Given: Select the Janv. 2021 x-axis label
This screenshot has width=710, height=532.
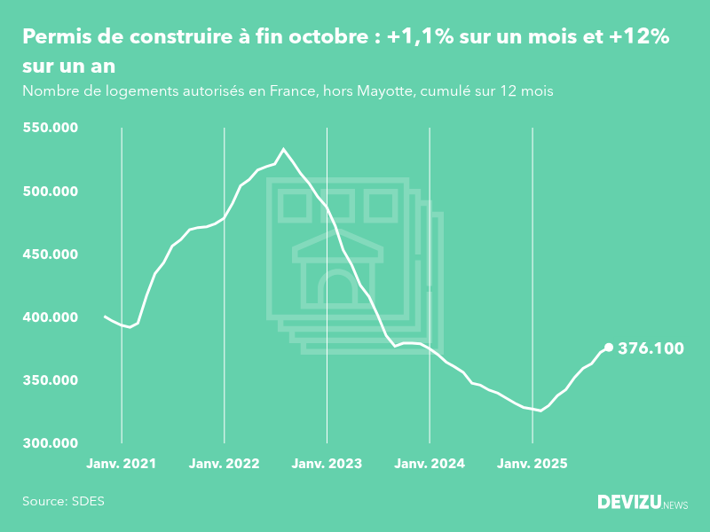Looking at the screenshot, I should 122,464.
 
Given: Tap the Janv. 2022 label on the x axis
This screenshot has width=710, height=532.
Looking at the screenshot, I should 225,464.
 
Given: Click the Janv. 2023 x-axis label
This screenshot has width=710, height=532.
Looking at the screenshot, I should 327,464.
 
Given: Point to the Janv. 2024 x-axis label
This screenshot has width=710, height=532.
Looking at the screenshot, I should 430,464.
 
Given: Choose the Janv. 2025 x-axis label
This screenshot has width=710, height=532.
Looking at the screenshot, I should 532,464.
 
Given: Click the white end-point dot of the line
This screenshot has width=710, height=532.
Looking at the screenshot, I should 609,348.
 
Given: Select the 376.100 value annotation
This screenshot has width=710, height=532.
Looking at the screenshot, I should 650,348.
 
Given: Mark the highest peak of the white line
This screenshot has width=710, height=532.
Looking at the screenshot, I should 283,149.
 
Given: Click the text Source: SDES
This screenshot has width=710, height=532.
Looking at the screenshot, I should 63,501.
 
